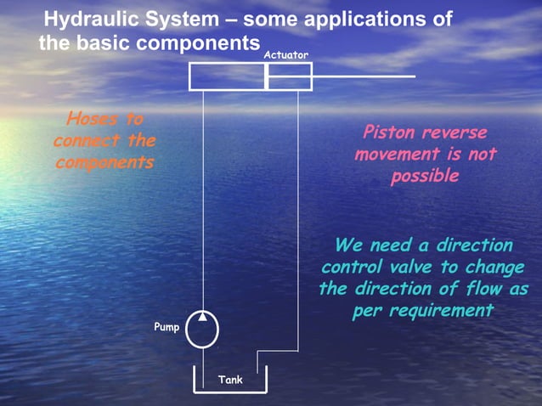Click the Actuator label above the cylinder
[x=285, y=55]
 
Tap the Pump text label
[x=167, y=327]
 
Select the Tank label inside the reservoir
[x=230, y=380]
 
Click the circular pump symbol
[x=201, y=329]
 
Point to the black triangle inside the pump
[x=203, y=317]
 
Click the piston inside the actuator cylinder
[x=267, y=76]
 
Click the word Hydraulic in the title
[x=91, y=20]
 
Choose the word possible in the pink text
[x=425, y=177]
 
